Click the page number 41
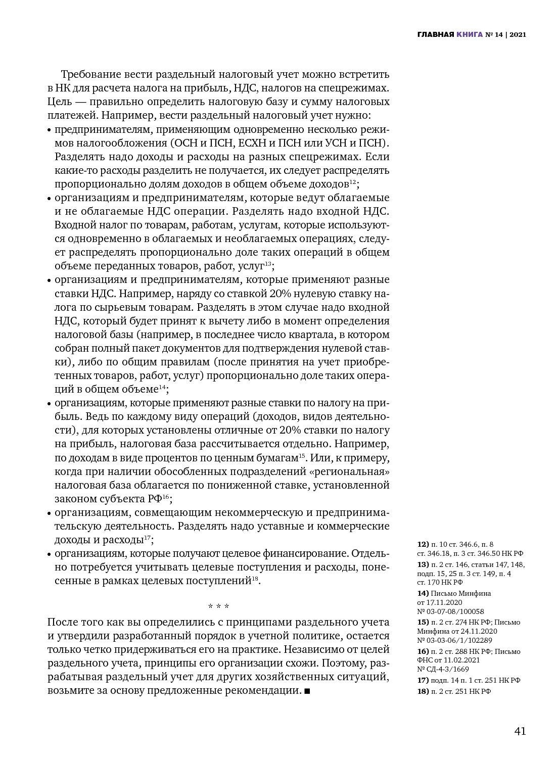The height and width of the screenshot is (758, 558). pos(520,731)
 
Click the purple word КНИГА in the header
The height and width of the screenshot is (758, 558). pos(469,35)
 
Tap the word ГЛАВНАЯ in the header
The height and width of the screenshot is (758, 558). pos(435,35)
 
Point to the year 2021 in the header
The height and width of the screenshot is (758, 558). pos(518,35)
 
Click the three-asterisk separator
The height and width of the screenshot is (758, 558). pos(218,606)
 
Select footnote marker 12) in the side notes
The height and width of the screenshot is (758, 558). pos(423,544)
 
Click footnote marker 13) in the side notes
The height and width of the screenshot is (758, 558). pos(423,564)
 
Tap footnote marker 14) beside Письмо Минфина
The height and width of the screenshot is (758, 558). pos(423,593)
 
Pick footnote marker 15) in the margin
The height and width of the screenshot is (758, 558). pos(423,622)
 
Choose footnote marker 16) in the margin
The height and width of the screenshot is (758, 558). pos(423,651)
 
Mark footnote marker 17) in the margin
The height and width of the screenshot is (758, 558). pos(423,680)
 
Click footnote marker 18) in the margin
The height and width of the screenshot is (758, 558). pos(423,691)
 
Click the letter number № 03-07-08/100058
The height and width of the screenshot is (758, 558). pos(450,611)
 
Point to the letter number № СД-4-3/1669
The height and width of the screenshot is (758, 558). pos(443,669)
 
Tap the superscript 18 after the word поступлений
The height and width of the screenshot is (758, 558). pos(255,579)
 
